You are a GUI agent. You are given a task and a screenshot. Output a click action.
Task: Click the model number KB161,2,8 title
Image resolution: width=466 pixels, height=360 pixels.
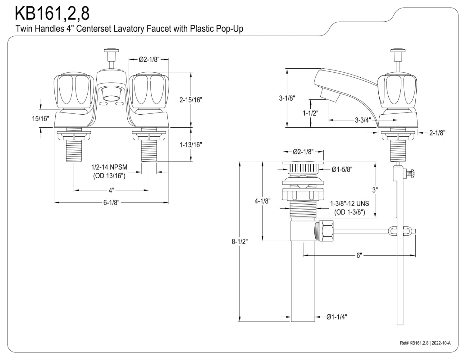52,13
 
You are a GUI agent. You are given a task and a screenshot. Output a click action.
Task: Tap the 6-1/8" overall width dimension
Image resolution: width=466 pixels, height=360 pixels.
111,203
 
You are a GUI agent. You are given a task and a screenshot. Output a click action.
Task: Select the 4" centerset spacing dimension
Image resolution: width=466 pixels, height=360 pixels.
111,190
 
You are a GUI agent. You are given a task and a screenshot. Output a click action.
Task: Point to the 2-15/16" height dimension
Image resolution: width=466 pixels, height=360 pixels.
191,100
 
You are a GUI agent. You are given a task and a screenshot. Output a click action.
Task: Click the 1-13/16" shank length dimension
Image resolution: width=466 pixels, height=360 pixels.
191,145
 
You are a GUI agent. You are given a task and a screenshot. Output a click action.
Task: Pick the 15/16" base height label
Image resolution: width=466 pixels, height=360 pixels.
40,118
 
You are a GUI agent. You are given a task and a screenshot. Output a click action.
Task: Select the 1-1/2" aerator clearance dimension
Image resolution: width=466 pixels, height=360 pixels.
310,113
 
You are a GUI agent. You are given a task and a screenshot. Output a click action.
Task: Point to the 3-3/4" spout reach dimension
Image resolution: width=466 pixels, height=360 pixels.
363,120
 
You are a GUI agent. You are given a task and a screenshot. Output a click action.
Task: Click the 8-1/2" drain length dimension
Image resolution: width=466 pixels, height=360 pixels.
240,241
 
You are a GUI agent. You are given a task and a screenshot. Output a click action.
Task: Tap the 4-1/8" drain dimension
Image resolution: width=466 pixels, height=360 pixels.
263,201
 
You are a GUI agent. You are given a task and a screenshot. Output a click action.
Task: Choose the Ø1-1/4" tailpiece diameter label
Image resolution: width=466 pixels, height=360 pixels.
337,317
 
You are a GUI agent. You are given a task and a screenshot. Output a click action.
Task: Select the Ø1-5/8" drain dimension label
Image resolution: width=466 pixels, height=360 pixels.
342,169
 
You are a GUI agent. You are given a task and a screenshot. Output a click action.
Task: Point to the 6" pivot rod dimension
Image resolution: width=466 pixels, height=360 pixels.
359,255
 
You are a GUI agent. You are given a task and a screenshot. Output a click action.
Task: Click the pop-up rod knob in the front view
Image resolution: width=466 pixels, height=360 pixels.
112,51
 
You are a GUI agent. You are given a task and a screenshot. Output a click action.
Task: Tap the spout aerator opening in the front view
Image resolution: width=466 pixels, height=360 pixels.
111,98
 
